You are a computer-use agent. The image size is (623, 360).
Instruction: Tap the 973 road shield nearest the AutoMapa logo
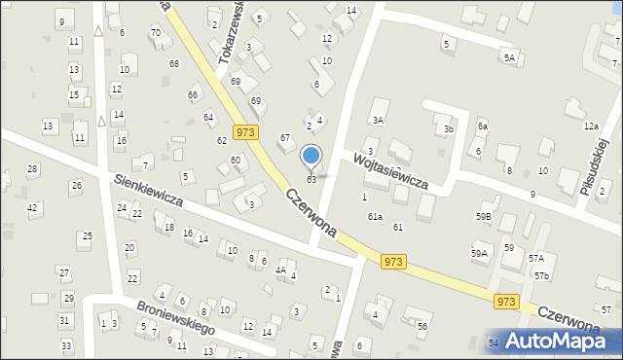point(505,302)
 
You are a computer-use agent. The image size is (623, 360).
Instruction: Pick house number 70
point(156,33)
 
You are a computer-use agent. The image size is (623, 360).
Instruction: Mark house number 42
point(32,207)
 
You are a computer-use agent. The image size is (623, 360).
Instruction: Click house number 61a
point(375,217)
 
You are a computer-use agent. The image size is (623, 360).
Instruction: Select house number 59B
point(483,216)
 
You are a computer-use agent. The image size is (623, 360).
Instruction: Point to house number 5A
point(509,58)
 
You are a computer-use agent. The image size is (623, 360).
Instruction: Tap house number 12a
point(591,126)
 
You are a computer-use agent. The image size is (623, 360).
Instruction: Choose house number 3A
point(378,120)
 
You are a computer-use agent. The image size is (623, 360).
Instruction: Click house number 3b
point(449,128)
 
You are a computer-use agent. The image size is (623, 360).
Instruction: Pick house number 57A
point(535,258)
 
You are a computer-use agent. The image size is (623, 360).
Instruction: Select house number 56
point(422,326)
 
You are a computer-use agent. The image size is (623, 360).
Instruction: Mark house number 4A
point(280,270)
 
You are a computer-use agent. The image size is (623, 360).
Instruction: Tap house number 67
point(285,138)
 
